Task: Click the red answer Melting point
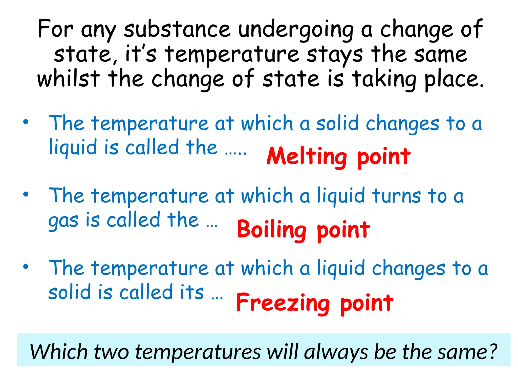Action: (x=338, y=157)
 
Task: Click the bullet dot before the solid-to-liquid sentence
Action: (x=26, y=122)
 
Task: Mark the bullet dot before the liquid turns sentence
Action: (x=26, y=195)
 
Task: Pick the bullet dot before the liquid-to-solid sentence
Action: (x=26, y=267)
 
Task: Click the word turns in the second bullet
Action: (x=397, y=196)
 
